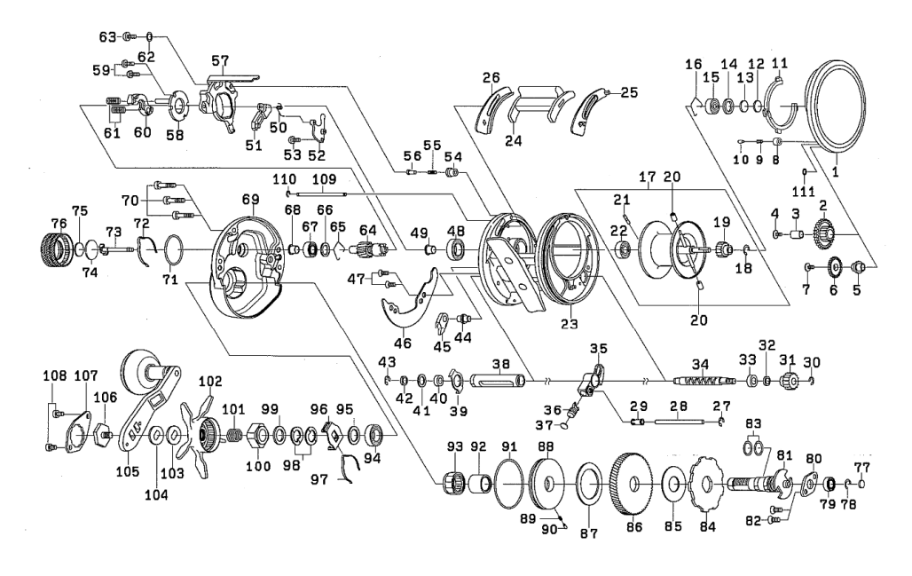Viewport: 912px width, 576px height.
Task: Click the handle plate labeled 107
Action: (x=76, y=438)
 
